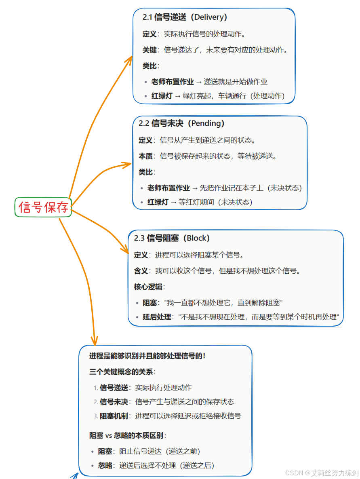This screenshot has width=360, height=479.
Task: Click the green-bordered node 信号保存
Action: pyautogui.click(x=43, y=207)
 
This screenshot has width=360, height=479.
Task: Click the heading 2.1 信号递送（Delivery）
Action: pyautogui.click(x=185, y=17)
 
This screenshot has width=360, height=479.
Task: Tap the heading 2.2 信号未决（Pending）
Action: pyautogui.click(x=181, y=123)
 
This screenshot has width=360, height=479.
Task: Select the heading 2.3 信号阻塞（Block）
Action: pyautogui.click(x=172, y=238)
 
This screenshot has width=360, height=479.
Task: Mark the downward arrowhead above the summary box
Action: pyautogui.click(x=95, y=340)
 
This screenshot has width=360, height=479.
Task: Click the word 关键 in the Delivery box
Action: pyautogui.click(x=149, y=50)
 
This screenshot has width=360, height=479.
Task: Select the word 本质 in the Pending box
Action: pyautogui.click(x=145, y=156)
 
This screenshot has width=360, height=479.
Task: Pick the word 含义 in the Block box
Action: pyautogui.click(x=141, y=271)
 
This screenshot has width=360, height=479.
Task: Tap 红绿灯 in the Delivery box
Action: pyautogui.click(x=162, y=96)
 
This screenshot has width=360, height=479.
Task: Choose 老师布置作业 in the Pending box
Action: pyautogui.click(x=168, y=188)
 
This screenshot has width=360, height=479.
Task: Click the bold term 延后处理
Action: pyautogui.click(x=157, y=317)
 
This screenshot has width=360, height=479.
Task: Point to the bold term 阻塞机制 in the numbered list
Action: pyautogui.click(x=114, y=416)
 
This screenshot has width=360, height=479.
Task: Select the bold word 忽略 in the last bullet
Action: pyautogui.click(x=105, y=465)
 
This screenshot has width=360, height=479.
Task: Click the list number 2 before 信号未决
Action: pyautogui.click(x=96, y=402)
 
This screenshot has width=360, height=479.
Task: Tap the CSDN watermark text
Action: pyautogui.click(x=322, y=473)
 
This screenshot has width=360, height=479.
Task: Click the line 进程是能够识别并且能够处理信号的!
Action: pyautogui.click(x=147, y=356)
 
